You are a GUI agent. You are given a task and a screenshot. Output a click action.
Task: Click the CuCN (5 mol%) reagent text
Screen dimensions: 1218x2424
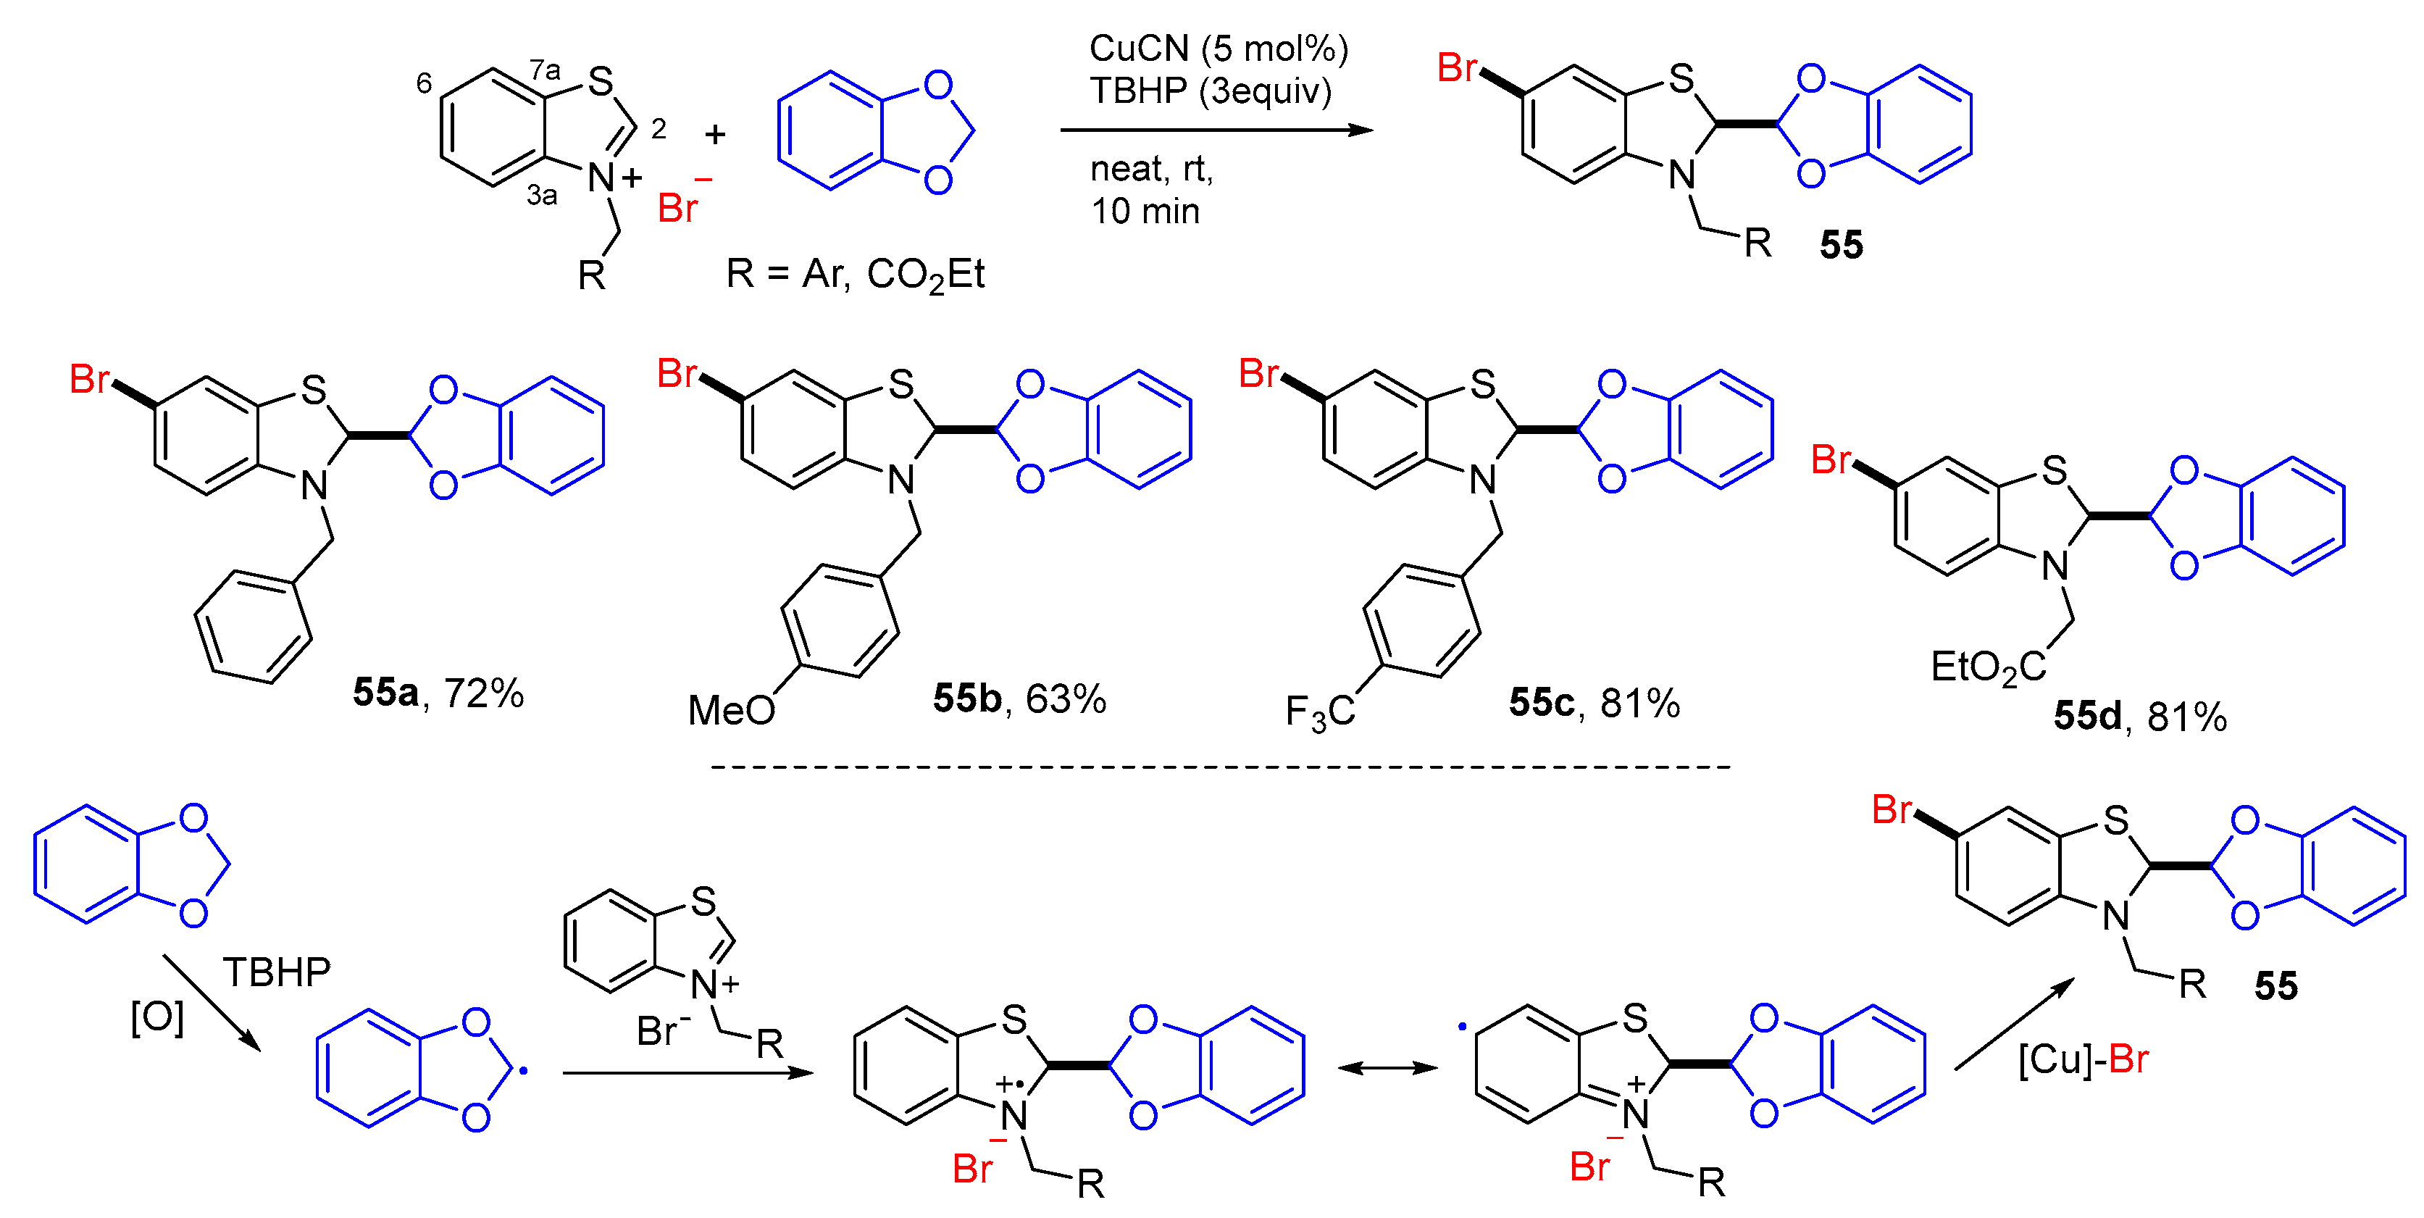tap(1218, 49)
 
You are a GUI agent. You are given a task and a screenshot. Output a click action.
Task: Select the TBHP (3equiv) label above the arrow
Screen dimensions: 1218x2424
tap(1210, 91)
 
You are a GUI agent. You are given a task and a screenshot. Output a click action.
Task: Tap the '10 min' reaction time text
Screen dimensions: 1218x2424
tap(1144, 211)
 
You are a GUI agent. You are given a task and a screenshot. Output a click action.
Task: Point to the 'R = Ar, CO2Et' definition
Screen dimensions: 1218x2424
tap(854, 275)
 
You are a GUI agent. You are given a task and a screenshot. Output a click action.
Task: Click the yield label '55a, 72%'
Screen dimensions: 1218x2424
tap(438, 693)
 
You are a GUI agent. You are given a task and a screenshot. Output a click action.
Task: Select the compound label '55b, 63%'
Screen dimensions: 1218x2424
tap(1019, 698)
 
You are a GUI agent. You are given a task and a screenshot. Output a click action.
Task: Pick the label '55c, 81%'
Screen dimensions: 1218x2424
tap(1594, 702)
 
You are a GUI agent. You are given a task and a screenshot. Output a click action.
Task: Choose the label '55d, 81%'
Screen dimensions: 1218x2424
tap(2140, 717)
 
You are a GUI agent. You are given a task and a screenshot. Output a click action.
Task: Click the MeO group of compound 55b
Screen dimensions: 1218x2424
tap(731, 711)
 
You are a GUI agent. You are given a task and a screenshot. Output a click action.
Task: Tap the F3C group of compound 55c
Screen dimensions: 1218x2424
tap(1319, 712)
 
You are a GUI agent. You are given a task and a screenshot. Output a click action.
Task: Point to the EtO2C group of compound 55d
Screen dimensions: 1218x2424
tap(1987, 667)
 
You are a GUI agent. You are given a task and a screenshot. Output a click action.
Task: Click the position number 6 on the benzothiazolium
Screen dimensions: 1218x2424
tap(425, 84)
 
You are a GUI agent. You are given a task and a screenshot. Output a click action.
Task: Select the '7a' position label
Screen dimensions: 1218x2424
tap(545, 70)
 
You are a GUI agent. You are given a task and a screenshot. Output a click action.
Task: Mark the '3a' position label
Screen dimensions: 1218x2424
tap(542, 195)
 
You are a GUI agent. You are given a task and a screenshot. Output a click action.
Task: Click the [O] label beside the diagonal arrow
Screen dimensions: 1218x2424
tap(157, 1017)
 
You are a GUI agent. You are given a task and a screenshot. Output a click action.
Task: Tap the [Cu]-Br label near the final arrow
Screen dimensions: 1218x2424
tap(2082, 1060)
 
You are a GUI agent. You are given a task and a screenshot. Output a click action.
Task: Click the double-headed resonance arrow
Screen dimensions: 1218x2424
tap(1388, 1067)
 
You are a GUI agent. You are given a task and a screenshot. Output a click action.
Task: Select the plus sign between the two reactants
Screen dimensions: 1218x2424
tap(715, 135)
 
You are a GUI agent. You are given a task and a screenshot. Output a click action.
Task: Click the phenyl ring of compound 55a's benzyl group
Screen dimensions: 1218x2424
tap(252, 626)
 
